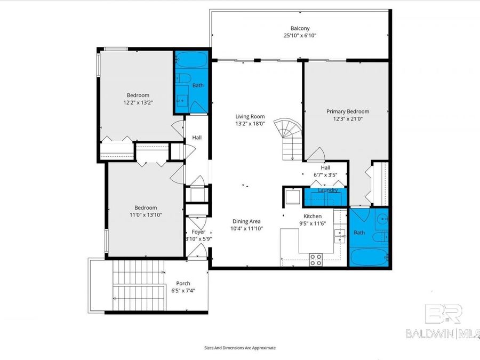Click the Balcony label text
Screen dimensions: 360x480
click(300, 28)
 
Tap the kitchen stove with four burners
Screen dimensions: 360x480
click(316, 260)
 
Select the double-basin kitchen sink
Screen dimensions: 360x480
click(339, 234)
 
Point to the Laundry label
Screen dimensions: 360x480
click(327, 190)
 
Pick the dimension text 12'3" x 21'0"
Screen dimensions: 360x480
click(348, 119)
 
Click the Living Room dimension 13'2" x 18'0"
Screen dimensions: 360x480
click(250, 124)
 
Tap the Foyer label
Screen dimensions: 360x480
click(198, 232)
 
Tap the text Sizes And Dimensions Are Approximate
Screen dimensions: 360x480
click(240, 347)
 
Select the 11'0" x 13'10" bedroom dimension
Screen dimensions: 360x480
click(146, 215)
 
